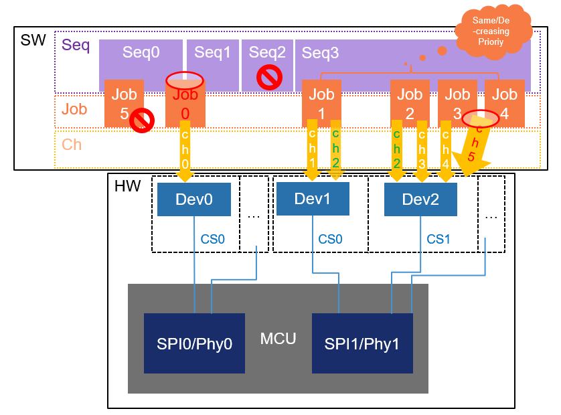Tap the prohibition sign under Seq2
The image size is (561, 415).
click(268, 78)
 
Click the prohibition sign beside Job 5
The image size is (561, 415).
click(142, 121)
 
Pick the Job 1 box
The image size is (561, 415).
click(322, 103)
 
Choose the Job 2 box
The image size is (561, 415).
click(410, 103)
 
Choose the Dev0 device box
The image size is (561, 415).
click(194, 199)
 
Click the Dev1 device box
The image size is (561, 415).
click(312, 199)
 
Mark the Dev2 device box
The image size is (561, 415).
click(420, 199)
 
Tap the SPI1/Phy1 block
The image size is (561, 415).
click(362, 343)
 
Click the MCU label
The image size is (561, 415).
click(278, 338)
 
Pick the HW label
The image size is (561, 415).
click(127, 186)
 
